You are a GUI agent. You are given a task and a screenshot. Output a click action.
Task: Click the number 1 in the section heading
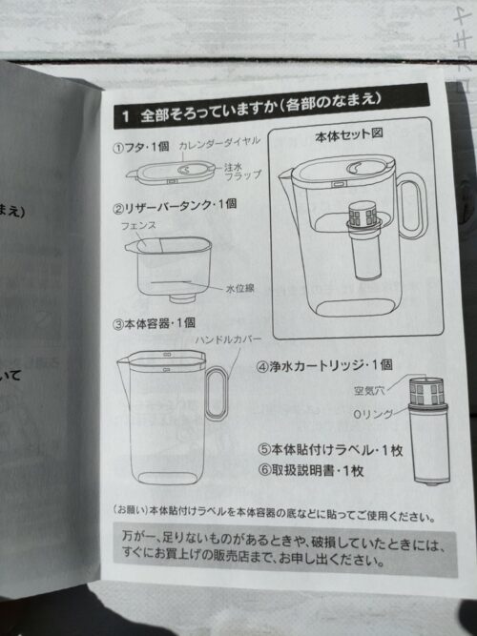(x=125, y=115)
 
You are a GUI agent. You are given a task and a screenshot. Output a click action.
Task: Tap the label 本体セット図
(x=347, y=136)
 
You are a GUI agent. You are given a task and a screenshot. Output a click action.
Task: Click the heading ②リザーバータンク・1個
(x=176, y=205)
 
